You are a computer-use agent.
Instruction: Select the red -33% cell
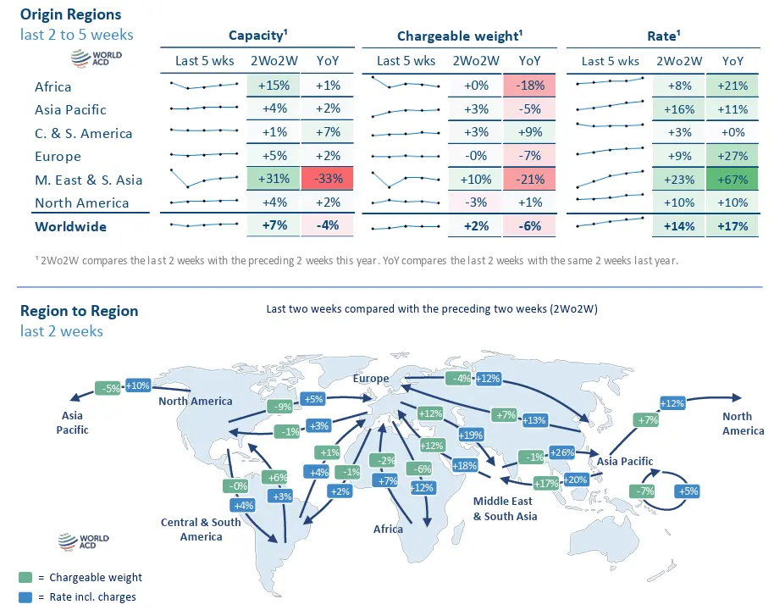pos(327,180)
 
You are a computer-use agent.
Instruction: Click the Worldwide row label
pos(71,226)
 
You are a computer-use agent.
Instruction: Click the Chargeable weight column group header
pos(459,36)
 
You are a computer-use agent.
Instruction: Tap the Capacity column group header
pos(258,36)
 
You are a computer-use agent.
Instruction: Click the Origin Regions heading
pos(70,14)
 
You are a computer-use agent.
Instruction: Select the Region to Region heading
pos(79,311)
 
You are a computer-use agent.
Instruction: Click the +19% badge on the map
pos(471,435)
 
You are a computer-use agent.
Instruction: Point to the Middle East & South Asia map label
pos(505,508)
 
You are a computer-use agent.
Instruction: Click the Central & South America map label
pos(201,530)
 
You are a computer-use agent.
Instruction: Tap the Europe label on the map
pos(371,379)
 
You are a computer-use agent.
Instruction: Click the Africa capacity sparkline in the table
pos(203,86)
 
